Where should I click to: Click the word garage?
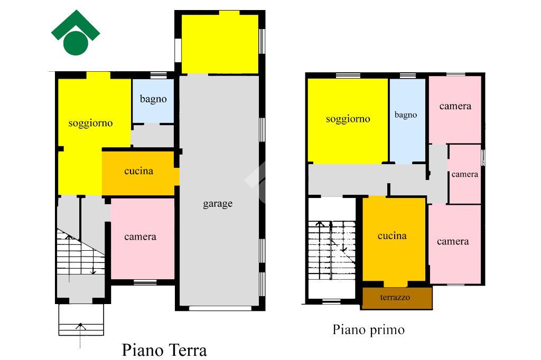tap(218, 204)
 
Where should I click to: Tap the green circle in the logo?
tap(76, 43)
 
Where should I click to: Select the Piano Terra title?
tap(165, 350)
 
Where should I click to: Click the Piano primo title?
tap(368, 330)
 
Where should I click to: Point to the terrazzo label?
tap(395, 297)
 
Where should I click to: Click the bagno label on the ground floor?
tap(153, 99)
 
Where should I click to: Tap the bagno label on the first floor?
tap(406, 115)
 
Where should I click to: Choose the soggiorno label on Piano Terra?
tap(90, 124)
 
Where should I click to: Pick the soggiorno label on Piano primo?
tap(348, 119)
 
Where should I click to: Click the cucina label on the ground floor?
tap(139, 171)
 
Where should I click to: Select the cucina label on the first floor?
tap(392, 236)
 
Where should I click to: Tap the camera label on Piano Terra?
tap(140, 237)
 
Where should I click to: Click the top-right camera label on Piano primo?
tap(455, 106)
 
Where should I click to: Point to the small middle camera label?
tap(465, 175)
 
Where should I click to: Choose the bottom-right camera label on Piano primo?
tap(453, 241)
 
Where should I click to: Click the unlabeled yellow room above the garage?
tap(220, 44)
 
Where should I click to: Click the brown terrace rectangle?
tap(397, 298)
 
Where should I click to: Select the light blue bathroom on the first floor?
tap(407, 121)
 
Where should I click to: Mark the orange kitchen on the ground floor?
tap(139, 173)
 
